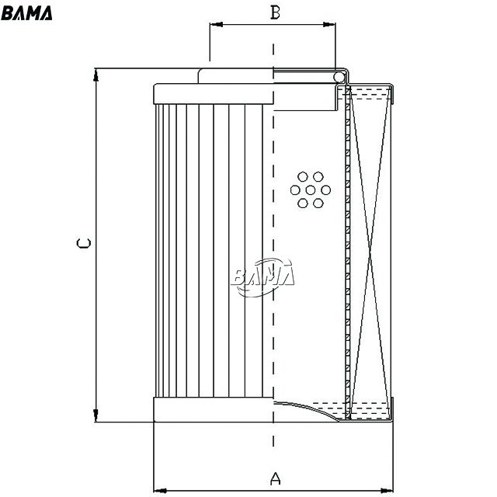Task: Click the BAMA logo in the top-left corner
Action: click(x=26, y=13)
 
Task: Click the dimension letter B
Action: click(x=275, y=12)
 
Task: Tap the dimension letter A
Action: click(x=276, y=478)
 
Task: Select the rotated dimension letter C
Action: click(x=84, y=243)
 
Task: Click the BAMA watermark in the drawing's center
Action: click(x=262, y=277)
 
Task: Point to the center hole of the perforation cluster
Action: click(x=311, y=190)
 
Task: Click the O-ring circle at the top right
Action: click(x=339, y=77)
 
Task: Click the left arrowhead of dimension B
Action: click(x=216, y=24)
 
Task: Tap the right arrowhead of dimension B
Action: click(x=329, y=24)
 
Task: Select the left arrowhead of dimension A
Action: click(x=160, y=491)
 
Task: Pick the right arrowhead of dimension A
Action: click(x=387, y=491)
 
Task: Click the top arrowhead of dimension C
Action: click(x=96, y=75)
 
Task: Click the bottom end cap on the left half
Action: click(x=214, y=409)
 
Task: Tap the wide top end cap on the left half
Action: click(x=214, y=94)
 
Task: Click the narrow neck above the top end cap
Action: click(x=235, y=76)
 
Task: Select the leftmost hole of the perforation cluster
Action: click(x=295, y=190)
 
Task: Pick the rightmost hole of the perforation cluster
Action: click(x=326, y=190)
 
